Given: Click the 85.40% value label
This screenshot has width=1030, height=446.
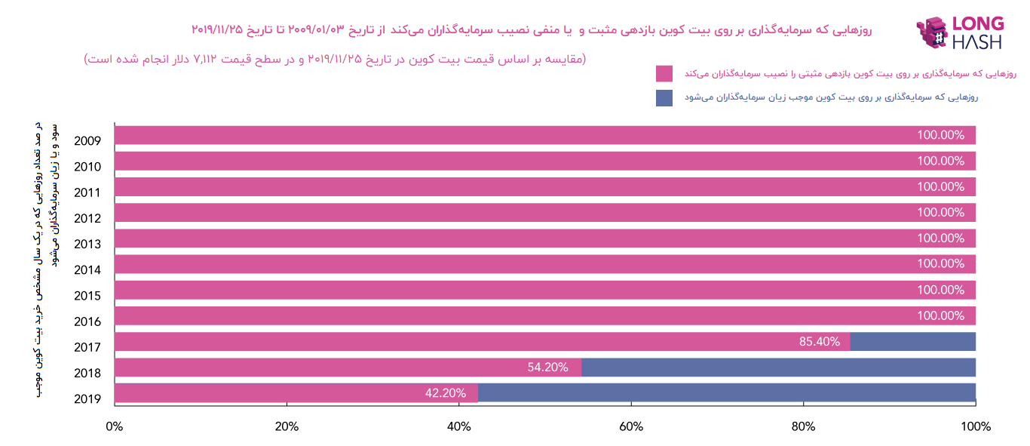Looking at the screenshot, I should click(819, 342).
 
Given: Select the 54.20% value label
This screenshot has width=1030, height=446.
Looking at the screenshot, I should click(547, 368).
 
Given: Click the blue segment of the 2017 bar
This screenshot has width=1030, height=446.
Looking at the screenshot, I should click(912, 342).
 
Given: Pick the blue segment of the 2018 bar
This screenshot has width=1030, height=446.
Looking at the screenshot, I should click(778, 368).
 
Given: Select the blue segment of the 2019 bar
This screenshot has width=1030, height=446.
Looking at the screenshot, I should click(726, 393).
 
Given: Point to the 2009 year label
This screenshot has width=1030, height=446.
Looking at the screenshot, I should click(87, 141).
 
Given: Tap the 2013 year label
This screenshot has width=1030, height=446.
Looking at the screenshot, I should click(87, 244).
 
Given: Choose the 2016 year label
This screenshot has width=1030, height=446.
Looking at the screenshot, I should click(87, 321).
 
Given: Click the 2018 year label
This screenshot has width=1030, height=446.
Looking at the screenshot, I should click(87, 373).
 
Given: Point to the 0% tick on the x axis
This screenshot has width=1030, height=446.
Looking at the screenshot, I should click(115, 426).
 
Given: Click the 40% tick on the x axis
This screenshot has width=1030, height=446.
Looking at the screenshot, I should click(458, 426).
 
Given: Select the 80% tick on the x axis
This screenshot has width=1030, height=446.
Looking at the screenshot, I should click(803, 426).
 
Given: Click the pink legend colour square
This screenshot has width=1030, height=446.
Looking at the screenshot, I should click(664, 74).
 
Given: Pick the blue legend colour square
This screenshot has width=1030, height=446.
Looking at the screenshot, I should click(664, 98).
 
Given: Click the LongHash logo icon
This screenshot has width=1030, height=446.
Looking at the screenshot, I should click(931, 33).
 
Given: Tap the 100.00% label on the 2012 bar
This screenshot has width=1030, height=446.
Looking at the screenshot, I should click(940, 213).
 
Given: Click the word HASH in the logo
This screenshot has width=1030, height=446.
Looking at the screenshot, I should click(977, 42).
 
